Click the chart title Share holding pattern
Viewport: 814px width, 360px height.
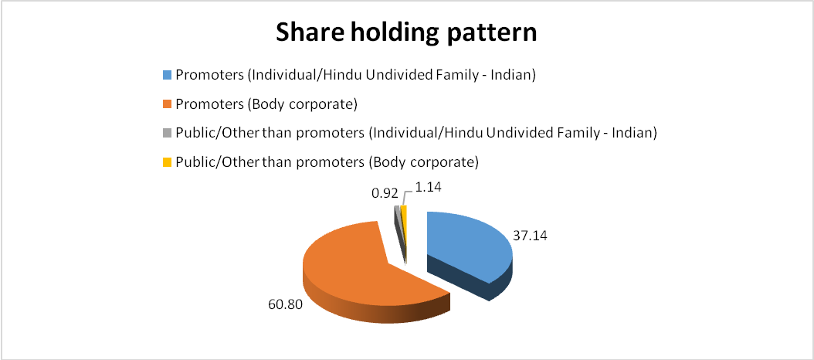click(406, 33)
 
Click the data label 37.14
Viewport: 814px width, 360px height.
click(531, 236)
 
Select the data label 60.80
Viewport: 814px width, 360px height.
click(284, 304)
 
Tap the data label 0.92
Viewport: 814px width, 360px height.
click(385, 194)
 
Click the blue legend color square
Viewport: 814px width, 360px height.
click(167, 74)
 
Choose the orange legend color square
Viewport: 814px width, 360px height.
click(167, 104)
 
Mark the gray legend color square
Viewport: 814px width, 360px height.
click(167, 133)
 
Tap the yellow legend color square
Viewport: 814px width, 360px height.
click(167, 162)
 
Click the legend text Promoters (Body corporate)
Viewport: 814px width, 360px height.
click(267, 104)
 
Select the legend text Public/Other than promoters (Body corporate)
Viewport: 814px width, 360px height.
click(327, 162)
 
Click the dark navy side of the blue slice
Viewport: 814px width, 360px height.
click(457, 278)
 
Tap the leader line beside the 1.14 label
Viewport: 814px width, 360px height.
click(405, 197)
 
